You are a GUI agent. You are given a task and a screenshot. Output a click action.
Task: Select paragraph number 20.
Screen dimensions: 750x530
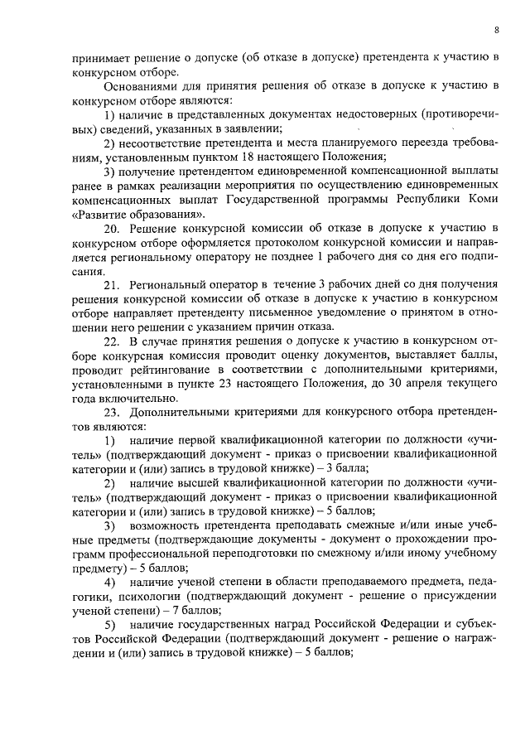[112, 227]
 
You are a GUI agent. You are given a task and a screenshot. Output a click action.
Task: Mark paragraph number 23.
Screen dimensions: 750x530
[112, 413]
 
